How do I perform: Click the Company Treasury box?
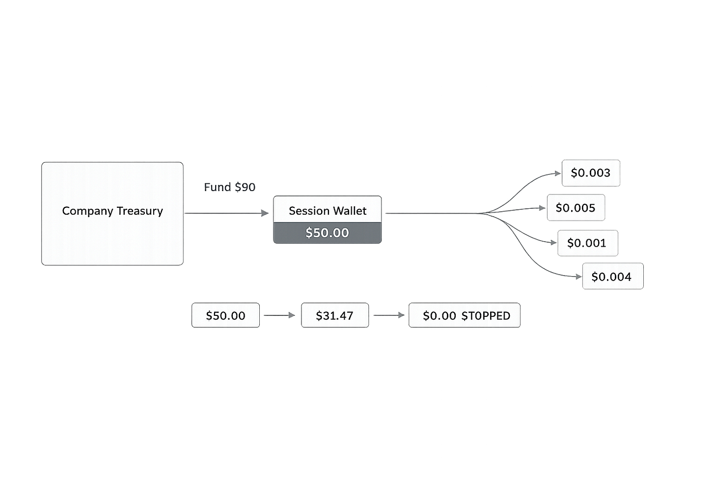(x=112, y=214)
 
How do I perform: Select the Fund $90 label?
(x=229, y=187)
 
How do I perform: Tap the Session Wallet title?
(x=328, y=211)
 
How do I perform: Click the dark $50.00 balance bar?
(x=328, y=233)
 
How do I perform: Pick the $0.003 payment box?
(x=591, y=173)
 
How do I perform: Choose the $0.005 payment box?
(x=576, y=207)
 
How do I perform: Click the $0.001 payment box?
(x=588, y=243)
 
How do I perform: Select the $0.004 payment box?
(x=613, y=276)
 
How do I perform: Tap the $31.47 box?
(x=335, y=315)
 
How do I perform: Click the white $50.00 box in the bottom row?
(x=226, y=315)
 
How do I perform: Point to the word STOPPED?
(x=486, y=316)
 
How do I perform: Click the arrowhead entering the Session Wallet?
(x=265, y=213)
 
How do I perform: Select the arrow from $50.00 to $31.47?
(x=279, y=315)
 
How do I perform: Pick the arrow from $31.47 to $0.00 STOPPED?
(x=389, y=315)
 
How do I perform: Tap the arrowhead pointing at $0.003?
(x=558, y=173)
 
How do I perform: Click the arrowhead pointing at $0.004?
(x=578, y=277)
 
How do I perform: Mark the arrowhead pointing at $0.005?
(x=542, y=208)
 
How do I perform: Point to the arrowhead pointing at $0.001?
(x=553, y=243)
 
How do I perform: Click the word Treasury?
(x=140, y=211)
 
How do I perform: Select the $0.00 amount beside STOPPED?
(x=439, y=316)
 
